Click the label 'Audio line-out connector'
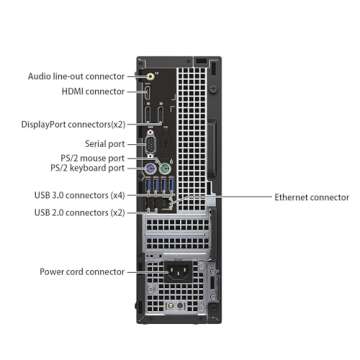[x=76, y=75]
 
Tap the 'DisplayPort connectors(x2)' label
[x=73, y=125]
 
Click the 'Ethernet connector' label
[x=311, y=198]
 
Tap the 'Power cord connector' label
[x=82, y=271]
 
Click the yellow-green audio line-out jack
[x=150, y=75]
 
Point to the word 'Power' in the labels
[x=52, y=271]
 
